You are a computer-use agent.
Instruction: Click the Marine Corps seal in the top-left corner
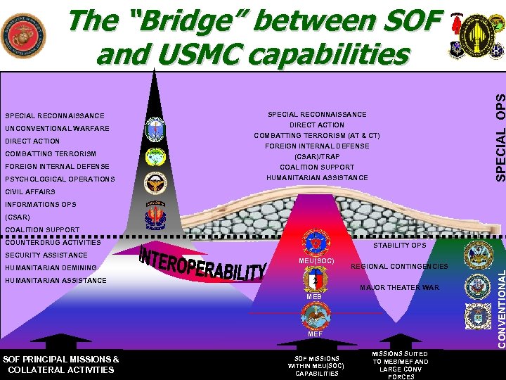[x=23, y=35]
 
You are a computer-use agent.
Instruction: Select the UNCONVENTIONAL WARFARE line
[x=57, y=129]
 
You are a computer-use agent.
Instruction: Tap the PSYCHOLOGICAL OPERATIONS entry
[x=60, y=179]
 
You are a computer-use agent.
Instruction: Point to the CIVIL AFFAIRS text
[x=30, y=192]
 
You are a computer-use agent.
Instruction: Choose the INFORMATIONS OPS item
[x=40, y=205]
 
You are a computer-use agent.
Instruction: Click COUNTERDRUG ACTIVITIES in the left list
[x=53, y=242]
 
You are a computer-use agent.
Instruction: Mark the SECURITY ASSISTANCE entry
[x=46, y=255]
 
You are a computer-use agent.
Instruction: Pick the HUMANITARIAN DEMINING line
[x=51, y=268]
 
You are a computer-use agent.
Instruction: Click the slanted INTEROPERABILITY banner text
[x=205, y=263]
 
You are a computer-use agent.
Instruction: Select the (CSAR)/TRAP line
[x=316, y=157]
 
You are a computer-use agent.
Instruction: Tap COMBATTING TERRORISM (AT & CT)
[x=316, y=136]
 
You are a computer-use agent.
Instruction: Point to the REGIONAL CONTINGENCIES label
[x=399, y=267]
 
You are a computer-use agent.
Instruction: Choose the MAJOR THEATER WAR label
[x=399, y=288]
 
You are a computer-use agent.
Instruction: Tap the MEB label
[x=313, y=297]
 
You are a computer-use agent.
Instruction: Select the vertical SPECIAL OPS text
[x=498, y=134]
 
